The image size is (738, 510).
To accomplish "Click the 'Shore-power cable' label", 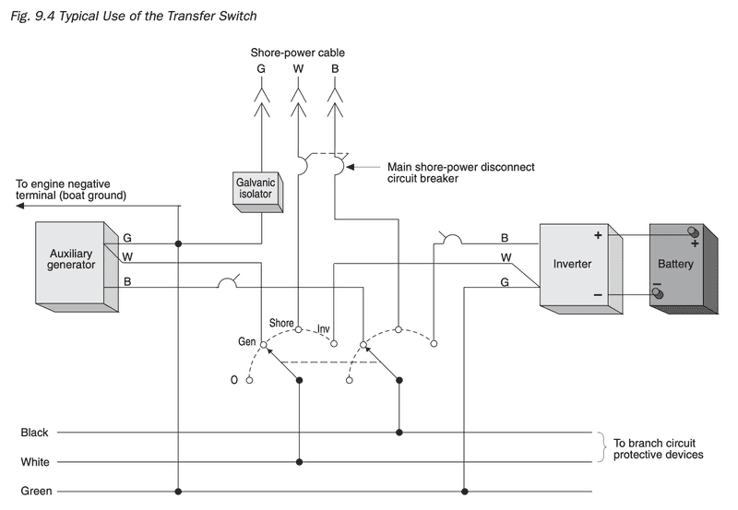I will (x=297, y=53).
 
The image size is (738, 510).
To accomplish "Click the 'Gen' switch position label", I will (x=247, y=342).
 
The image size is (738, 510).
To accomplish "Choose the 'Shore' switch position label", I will (x=281, y=323).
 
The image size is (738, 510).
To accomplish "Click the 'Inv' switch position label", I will (x=323, y=328).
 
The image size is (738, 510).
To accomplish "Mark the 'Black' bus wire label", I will (x=36, y=432).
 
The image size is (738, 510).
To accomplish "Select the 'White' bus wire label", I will (x=36, y=461).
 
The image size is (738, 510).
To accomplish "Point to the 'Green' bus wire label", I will (x=37, y=491).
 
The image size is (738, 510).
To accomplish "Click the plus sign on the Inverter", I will (x=598, y=236).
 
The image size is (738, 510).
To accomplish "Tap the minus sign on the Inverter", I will (x=598, y=295).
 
